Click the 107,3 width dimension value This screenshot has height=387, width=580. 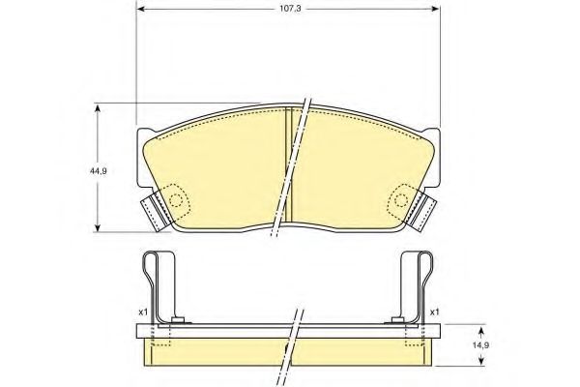[x=290, y=9]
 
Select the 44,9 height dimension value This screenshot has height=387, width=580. [x=99, y=171]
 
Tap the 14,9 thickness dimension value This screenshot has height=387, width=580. [x=481, y=345]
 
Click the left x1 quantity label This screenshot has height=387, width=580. [x=143, y=312]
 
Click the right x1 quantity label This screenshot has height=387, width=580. [x=435, y=312]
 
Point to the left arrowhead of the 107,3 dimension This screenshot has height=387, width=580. [x=140, y=9]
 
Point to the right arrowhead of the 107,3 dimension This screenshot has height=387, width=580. [x=436, y=9]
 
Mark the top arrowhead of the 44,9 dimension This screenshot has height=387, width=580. [x=98, y=108]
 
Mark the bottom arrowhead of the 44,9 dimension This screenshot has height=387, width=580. [x=98, y=227]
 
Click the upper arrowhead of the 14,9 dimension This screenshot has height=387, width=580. [x=480, y=331]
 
